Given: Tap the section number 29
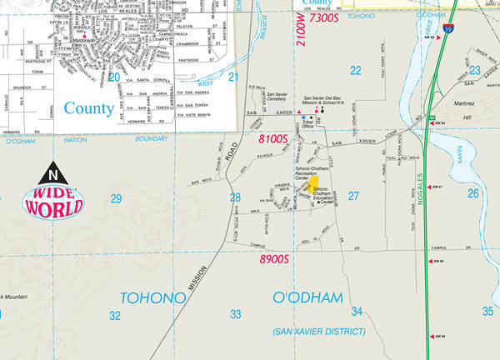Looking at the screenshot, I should pos(115,197).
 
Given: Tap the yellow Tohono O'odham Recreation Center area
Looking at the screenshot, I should pos(317,187).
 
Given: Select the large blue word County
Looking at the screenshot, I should pos(89,107).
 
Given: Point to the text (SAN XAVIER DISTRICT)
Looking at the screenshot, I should pos(318,332).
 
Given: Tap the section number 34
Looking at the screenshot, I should pos(357,312).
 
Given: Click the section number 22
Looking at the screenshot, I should pos(355,70).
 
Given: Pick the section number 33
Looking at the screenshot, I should pos(236,314).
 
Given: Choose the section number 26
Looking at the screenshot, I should pos(473,193).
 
